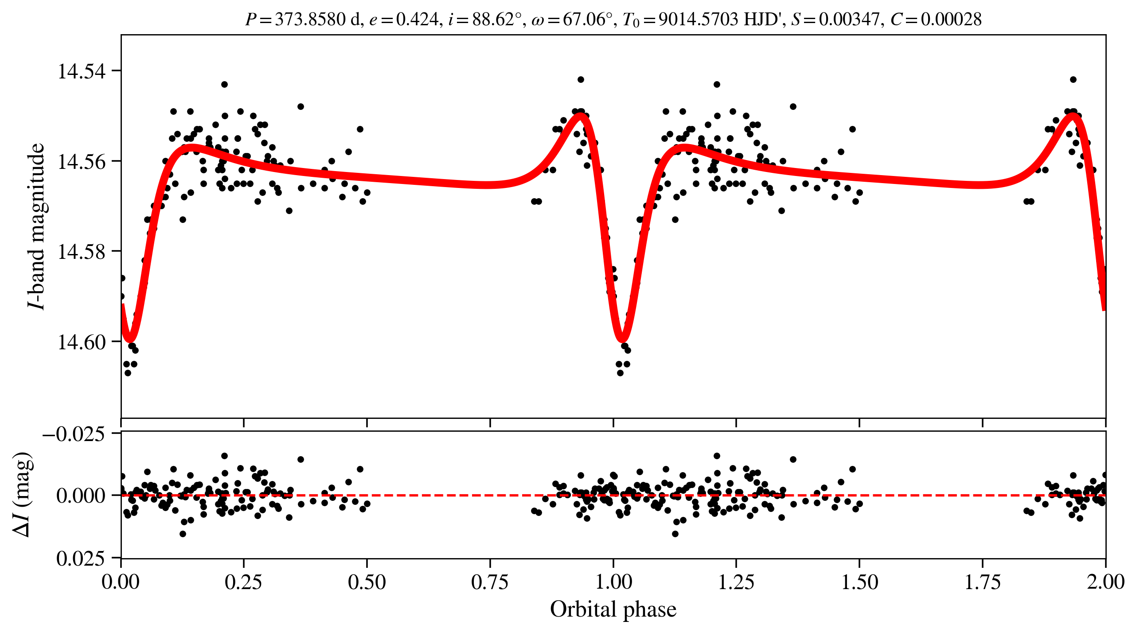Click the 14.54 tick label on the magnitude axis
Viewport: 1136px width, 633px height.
pos(82,71)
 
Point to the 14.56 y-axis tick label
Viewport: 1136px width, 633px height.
pos(82,162)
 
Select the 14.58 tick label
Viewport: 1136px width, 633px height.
pos(82,252)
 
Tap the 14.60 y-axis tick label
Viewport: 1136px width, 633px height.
pos(82,342)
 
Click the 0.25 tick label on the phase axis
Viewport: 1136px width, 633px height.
pos(243,582)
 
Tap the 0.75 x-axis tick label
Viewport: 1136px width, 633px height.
pos(490,582)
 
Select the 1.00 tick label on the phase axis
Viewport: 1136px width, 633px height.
pos(613,582)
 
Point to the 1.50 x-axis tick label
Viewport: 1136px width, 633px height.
pos(859,582)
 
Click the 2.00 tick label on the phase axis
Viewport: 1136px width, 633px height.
pos(1105,582)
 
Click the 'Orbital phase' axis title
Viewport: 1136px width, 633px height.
pos(613,610)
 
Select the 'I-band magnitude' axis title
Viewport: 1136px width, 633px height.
pos(36,226)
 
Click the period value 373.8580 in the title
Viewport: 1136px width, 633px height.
pos(310,20)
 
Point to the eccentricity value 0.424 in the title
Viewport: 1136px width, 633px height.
pos(417,20)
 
